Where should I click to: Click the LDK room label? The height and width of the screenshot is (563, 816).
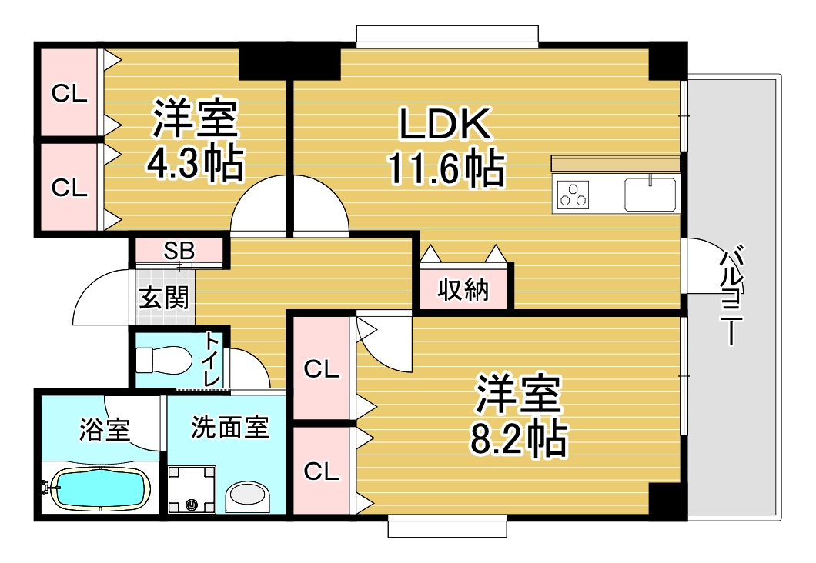[444, 123]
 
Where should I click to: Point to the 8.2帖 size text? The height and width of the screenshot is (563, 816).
[517, 439]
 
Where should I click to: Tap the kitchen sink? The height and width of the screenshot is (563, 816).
[650, 194]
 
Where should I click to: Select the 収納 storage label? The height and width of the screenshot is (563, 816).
[463, 290]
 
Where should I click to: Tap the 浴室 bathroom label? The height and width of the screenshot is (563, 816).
[104, 430]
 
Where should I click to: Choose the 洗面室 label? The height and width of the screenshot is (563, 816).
[229, 428]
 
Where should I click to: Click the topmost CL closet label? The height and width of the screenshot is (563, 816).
[69, 94]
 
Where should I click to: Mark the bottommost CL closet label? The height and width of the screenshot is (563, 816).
[321, 471]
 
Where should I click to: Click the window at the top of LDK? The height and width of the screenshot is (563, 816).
[446, 35]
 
